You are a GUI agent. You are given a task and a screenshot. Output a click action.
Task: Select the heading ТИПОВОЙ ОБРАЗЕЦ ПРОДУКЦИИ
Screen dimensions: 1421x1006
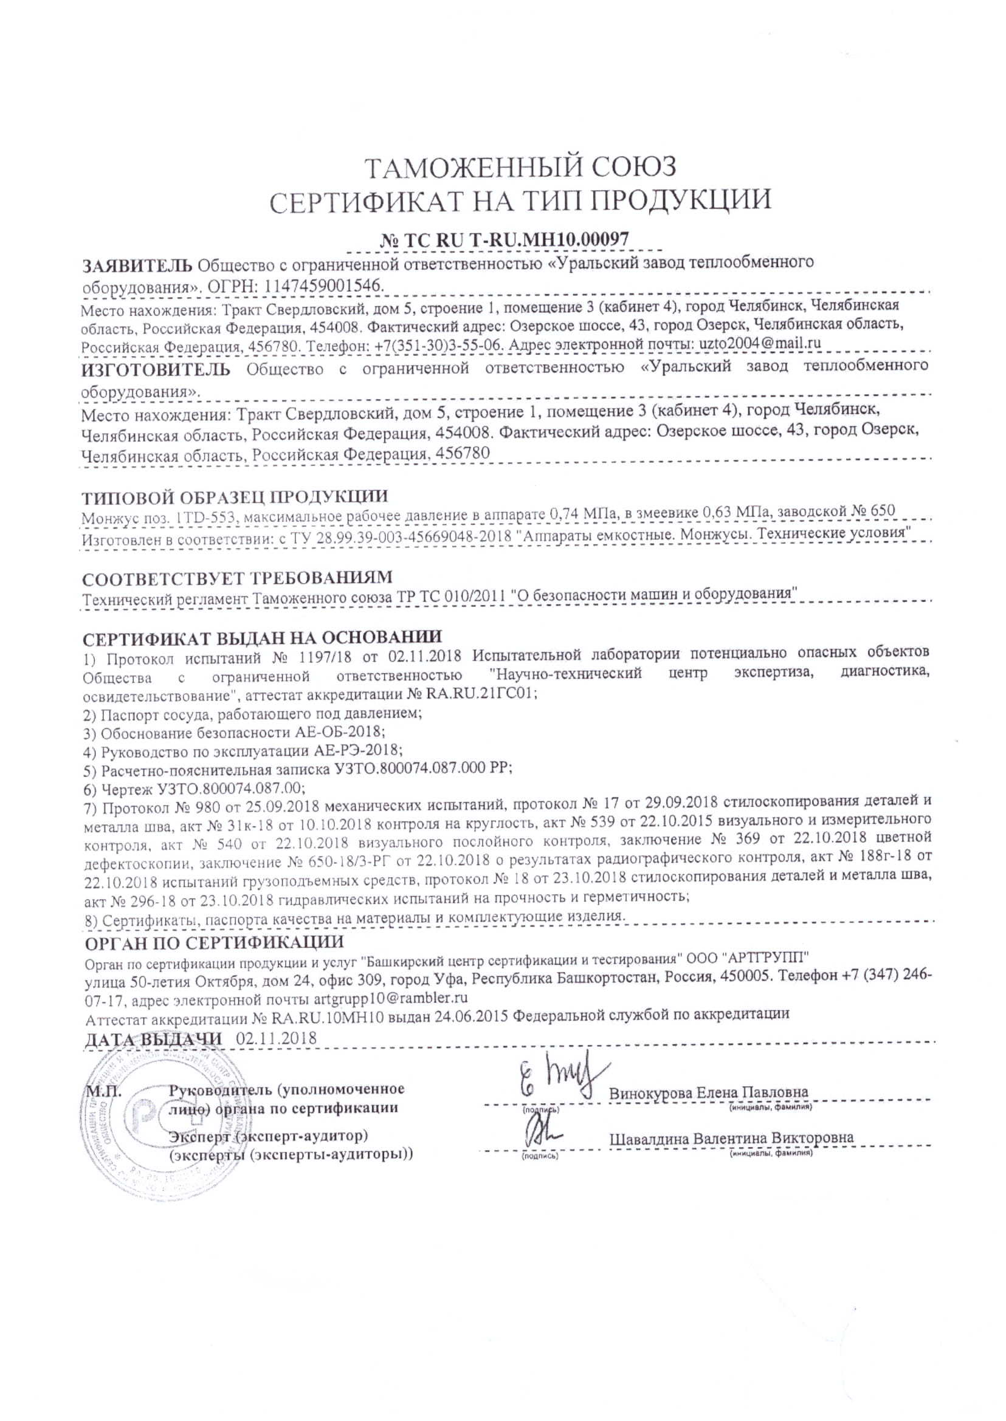(x=235, y=496)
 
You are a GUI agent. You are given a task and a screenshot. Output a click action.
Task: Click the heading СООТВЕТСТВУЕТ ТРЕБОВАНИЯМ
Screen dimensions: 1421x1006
(x=238, y=577)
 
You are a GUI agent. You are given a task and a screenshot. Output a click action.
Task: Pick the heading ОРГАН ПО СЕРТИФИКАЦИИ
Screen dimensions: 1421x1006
(x=214, y=942)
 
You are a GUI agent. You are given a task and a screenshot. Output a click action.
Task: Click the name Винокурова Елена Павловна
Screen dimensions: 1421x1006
(x=709, y=1092)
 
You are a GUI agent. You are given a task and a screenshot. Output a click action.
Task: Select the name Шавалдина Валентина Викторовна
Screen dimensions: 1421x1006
(x=732, y=1137)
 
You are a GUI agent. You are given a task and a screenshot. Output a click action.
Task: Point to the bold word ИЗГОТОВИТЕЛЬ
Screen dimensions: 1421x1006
(x=157, y=369)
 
